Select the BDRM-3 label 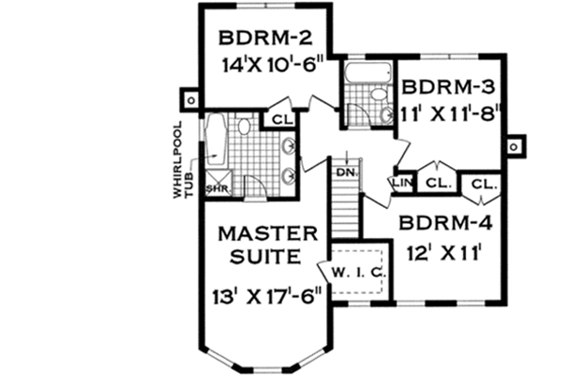coord(444,87)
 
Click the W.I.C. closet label coord(356,273)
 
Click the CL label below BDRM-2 coord(281,119)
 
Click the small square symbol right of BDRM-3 coord(514,147)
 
